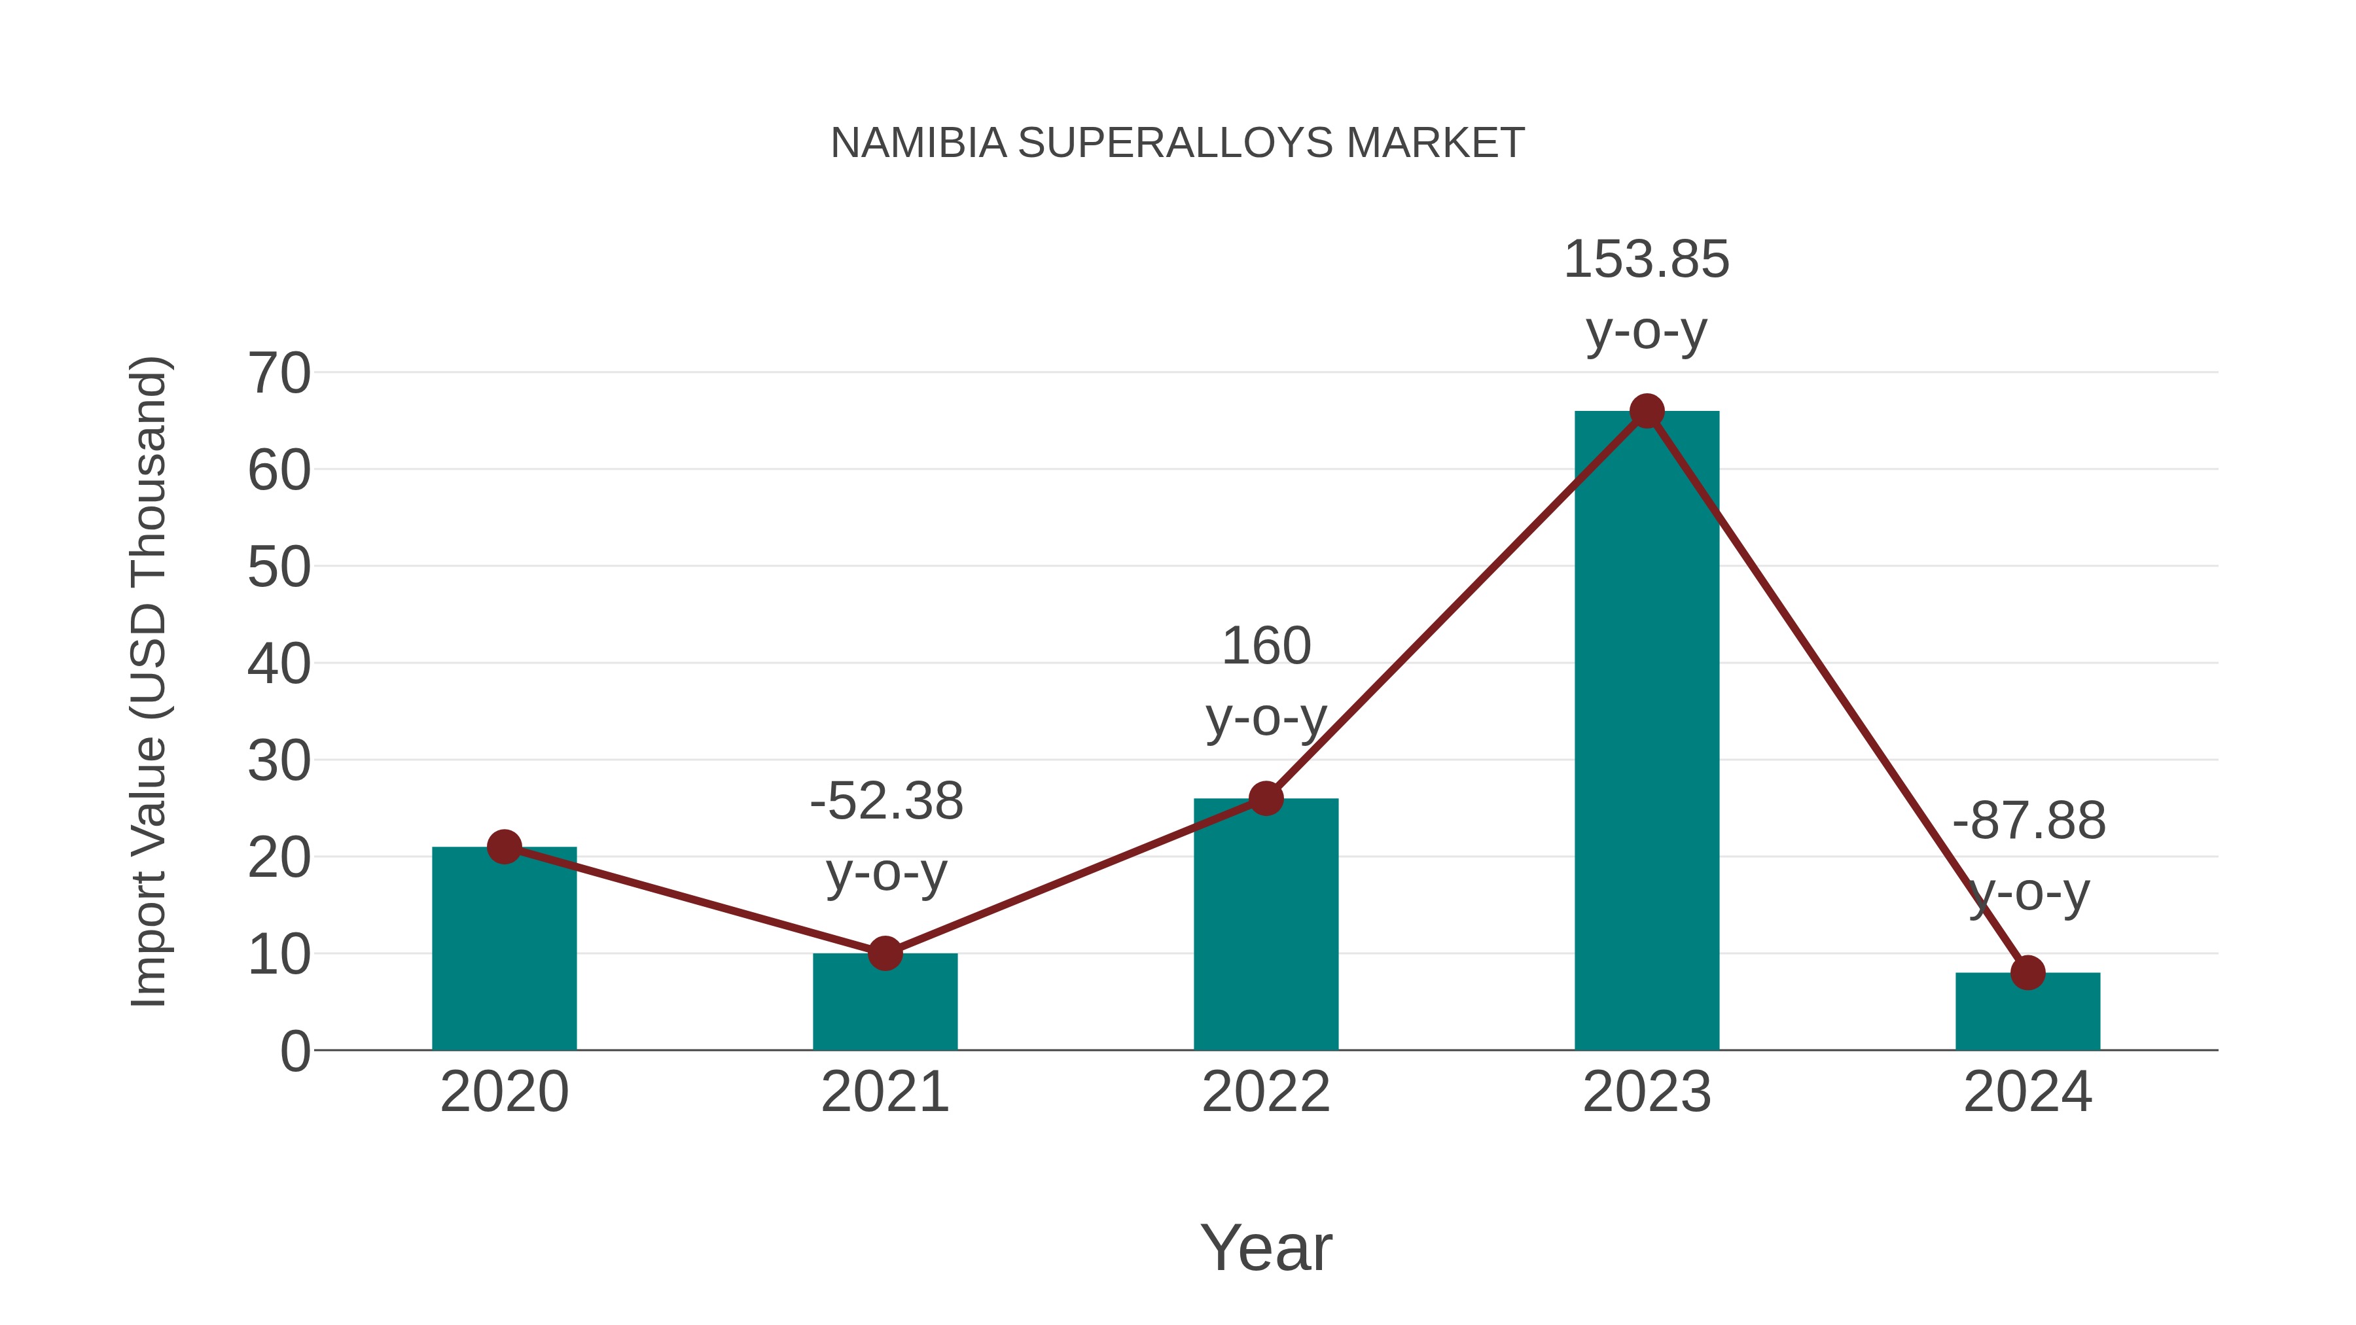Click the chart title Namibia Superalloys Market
1177,143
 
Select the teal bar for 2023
1647,732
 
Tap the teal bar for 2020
504,951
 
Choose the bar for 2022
1266,923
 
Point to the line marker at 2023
1647,412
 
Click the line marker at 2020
504,847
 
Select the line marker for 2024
2027,973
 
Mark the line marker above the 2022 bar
1266,798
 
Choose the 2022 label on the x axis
1266,1092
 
